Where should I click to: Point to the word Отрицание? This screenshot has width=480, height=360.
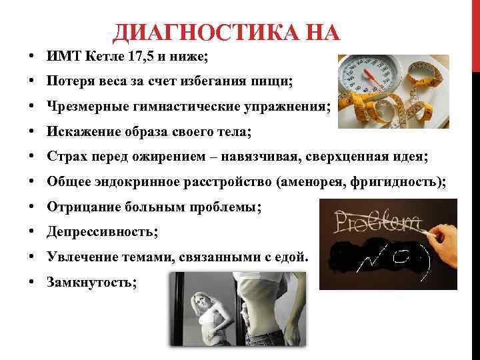[80, 207]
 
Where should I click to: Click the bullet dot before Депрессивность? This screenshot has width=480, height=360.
[32, 232]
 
